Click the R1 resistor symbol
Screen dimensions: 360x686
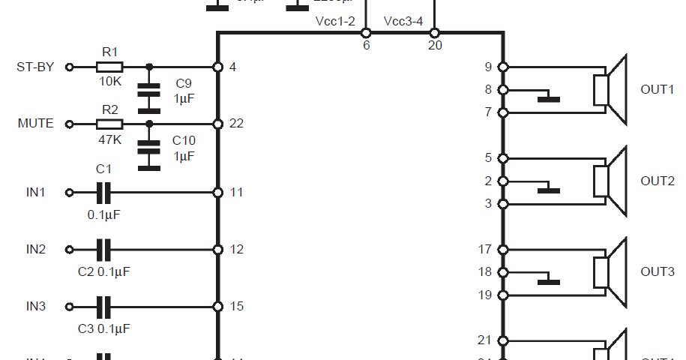[109, 67]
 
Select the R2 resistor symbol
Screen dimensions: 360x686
[109, 124]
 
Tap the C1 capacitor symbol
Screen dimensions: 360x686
[104, 193]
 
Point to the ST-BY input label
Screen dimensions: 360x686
[35, 67]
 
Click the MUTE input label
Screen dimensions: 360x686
[36, 124]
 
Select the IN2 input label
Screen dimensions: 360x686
[36, 249]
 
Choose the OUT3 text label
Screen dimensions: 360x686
[658, 271]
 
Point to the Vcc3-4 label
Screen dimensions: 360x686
[403, 21]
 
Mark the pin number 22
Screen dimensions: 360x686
[236, 124]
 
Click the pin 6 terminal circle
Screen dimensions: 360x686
[366, 33]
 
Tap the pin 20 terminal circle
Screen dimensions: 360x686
[434, 33]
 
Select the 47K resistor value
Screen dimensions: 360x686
[109, 139]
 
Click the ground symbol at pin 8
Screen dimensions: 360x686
[549, 97]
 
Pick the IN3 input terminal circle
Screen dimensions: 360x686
[70, 306]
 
